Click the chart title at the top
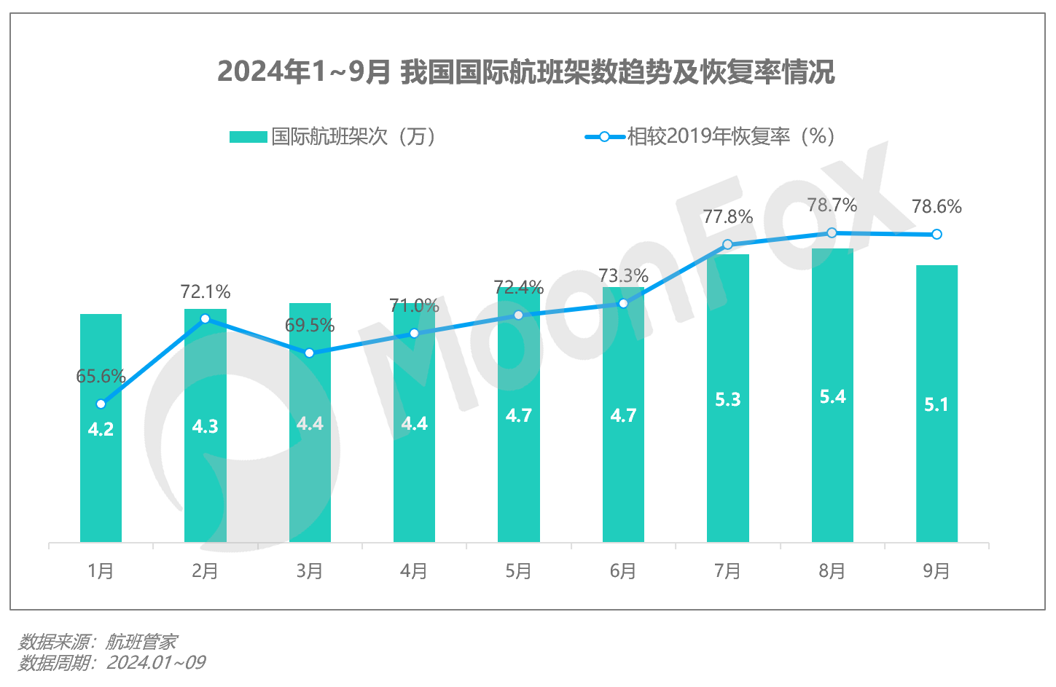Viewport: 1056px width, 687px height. point(526,71)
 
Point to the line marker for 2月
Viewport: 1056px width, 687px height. point(205,318)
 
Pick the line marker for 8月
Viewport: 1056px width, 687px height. point(832,232)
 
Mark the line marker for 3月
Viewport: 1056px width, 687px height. point(309,353)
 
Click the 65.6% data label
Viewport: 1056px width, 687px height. point(101,376)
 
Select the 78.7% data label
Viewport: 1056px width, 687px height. point(832,205)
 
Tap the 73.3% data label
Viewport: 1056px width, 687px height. point(623,275)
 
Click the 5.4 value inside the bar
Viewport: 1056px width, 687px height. point(832,396)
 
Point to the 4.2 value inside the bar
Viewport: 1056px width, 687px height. point(101,429)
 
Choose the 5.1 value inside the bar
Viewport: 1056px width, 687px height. point(936,404)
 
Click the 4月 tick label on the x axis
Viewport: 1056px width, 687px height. point(414,571)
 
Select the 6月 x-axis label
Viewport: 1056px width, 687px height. point(623,571)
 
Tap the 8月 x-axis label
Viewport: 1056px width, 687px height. point(832,571)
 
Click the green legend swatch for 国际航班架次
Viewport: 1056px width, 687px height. point(248,137)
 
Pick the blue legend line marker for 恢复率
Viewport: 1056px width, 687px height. point(604,137)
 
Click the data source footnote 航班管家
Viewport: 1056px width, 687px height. point(98,642)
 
